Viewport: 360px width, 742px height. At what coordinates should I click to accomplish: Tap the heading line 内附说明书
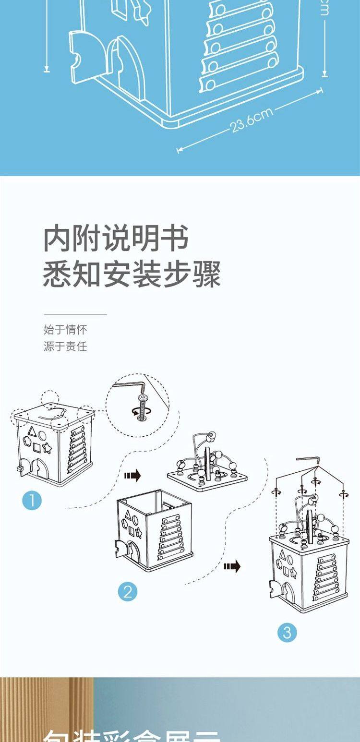click(x=116, y=239)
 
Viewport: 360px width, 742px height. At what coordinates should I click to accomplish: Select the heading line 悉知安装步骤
click(x=132, y=275)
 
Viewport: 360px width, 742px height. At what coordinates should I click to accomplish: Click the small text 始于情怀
click(x=65, y=330)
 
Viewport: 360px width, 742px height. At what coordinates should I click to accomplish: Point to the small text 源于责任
click(x=65, y=346)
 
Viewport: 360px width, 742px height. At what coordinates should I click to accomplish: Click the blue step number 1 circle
click(x=32, y=501)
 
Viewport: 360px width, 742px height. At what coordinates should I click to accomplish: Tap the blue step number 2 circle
click(x=128, y=591)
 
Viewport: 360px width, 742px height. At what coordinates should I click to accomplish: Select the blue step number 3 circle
click(x=287, y=633)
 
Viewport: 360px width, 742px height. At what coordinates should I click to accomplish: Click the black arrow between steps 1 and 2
click(x=132, y=476)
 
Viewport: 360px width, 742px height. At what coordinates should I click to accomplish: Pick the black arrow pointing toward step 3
click(x=232, y=567)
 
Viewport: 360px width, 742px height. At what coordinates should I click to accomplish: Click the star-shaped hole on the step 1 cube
click(x=47, y=449)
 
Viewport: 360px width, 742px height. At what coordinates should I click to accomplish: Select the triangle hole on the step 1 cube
click(x=32, y=431)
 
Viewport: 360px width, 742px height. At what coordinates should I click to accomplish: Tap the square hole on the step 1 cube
click(x=37, y=448)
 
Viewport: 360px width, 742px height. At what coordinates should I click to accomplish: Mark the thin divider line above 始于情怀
click(x=75, y=314)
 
